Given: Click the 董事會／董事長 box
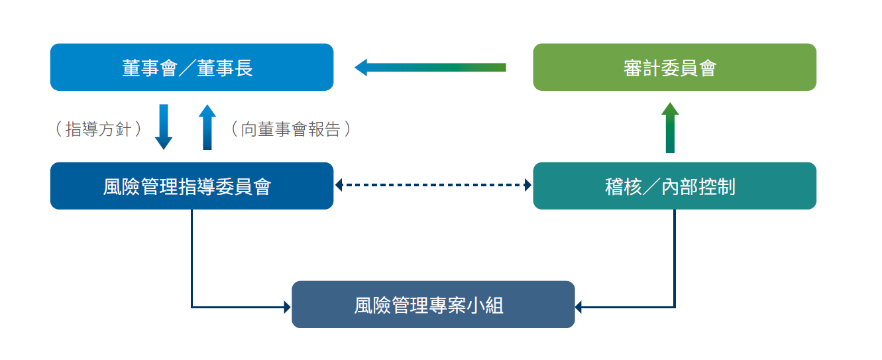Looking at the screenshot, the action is click(x=192, y=67).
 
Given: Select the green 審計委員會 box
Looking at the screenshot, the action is click(x=675, y=67).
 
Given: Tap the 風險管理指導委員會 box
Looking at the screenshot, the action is click(x=192, y=186).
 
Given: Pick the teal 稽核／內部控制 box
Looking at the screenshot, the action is click(x=675, y=186).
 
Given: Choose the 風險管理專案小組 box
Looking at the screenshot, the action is click(x=433, y=304).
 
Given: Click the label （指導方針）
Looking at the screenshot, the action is click(x=99, y=129).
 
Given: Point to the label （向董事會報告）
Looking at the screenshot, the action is click(x=291, y=129).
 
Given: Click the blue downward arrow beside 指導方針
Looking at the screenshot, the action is click(x=164, y=127).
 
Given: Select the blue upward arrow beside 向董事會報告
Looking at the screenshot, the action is click(x=207, y=127).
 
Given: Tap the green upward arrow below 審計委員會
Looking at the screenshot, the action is click(x=670, y=127).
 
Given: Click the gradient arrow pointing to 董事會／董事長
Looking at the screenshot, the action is click(x=430, y=68).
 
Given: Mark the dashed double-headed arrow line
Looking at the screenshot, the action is click(x=433, y=185).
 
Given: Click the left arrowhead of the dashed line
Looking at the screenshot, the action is click(x=339, y=185).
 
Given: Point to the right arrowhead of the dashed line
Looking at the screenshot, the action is click(x=528, y=185).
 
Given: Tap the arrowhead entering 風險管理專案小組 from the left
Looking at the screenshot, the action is click(x=288, y=307).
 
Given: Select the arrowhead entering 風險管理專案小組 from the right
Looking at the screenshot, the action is click(x=579, y=307).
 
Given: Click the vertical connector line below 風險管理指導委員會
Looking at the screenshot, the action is click(x=192, y=258).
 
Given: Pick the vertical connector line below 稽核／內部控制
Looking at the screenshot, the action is click(x=675, y=258).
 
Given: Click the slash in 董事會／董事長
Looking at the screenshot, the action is click(x=187, y=68).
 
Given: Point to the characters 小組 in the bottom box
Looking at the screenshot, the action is click(x=484, y=305).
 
